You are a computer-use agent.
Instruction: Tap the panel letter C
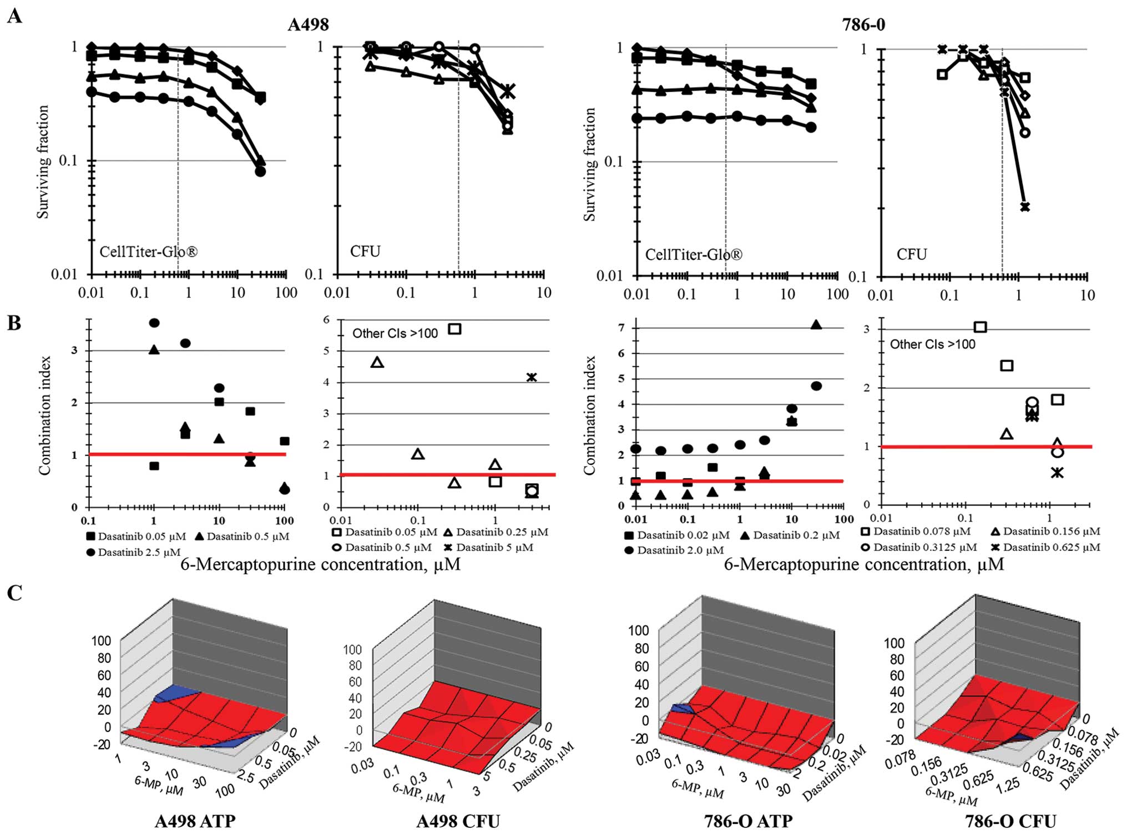[14, 593]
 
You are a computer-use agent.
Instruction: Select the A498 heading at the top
[308, 25]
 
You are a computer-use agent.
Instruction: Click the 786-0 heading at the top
[863, 25]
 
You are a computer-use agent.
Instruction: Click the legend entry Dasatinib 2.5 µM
[133, 552]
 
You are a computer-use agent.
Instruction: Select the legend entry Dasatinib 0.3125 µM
[919, 547]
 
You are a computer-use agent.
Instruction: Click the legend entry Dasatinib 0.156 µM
[1046, 532]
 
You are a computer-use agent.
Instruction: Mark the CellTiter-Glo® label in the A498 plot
[148, 252]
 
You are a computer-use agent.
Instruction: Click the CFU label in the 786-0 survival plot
[912, 254]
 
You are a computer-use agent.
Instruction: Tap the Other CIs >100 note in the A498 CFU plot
[395, 333]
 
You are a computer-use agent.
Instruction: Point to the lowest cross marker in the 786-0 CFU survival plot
[1024, 207]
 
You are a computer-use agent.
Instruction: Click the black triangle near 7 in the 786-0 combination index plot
[816, 325]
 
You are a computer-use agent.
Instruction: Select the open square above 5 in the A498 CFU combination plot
[454, 328]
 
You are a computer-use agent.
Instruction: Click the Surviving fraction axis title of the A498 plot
[43, 161]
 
